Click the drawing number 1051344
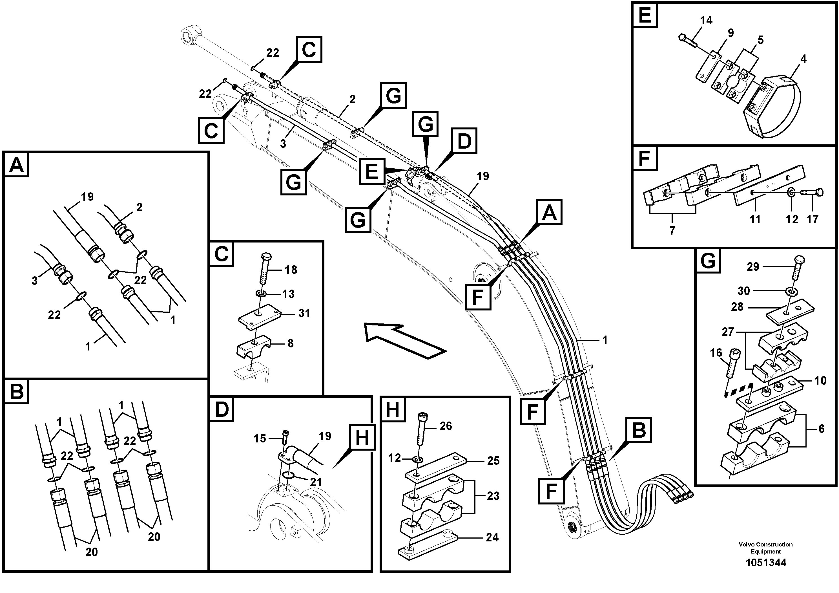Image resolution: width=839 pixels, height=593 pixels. (x=765, y=563)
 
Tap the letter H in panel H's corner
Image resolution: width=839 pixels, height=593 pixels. (x=392, y=409)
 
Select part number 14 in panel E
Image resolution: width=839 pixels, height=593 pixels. (x=706, y=21)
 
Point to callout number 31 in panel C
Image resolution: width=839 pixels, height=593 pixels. (x=304, y=313)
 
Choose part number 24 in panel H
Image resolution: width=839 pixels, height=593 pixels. (x=492, y=537)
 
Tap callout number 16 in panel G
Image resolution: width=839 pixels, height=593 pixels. (x=716, y=353)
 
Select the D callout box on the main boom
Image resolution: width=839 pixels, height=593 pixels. (x=464, y=141)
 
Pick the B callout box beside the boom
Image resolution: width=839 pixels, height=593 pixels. (x=638, y=430)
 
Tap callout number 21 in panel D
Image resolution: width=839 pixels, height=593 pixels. (x=315, y=482)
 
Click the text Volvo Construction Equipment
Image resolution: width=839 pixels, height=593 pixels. (x=765, y=548)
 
